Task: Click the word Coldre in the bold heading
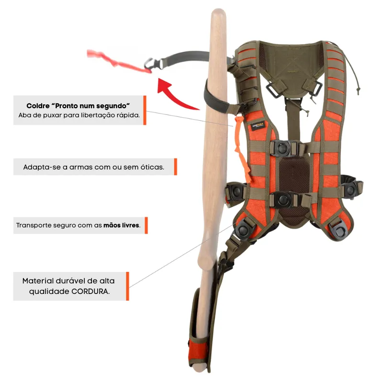pyautogui.click(x=38, y=106)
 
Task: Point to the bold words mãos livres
pyautogui.click(x=122, y=225)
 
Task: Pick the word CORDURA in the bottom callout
pyautogui.click(x=90, y=292)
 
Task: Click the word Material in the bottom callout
pyautogui.click(x=38, y=281)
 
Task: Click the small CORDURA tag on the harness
pyautogui.click(x=258, y=126)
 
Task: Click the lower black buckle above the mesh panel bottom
pyautogui.click(x=284, y=199)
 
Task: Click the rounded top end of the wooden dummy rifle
pyautogui.click(x=218, y=13)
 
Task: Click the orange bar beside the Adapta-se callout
pyautogui.click(x=175, y=167)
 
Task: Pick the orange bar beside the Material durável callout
pyautogui.click(x=127, y=286)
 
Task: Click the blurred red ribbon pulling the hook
pyautogui.click(x=117, y=61)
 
